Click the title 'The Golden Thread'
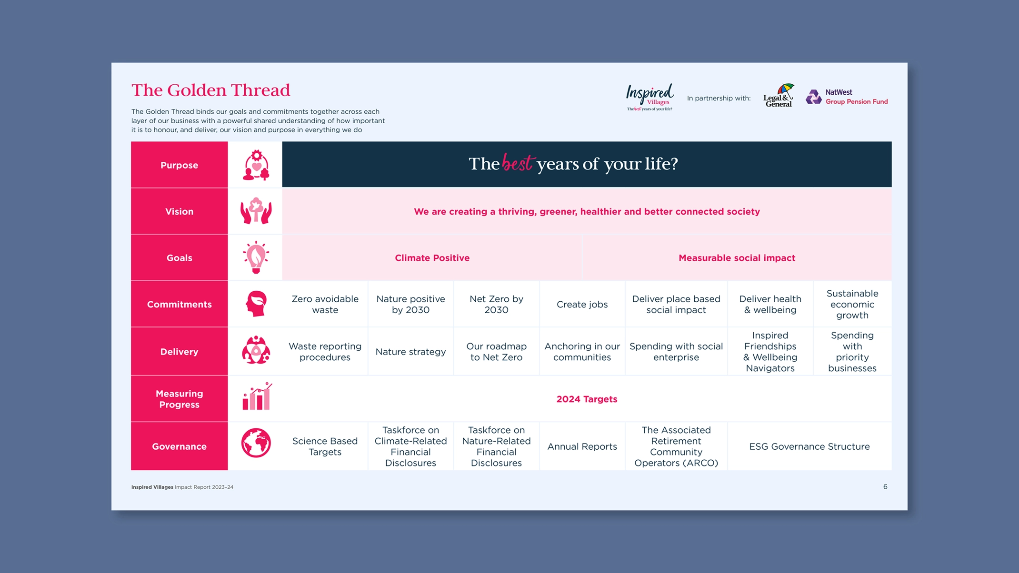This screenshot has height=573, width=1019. [210, 90]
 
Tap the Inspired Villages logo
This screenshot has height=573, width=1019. [649, 97]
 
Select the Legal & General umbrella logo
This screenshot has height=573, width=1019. [779, 96]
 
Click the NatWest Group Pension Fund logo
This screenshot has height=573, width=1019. [847, 97]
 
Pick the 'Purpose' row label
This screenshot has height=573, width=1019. [179, 165]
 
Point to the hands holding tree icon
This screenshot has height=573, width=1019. [256, 211]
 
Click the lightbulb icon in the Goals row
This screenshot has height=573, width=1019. [256, 257]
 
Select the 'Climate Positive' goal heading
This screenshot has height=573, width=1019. [432, 258]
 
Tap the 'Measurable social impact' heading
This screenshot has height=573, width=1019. [737, 258]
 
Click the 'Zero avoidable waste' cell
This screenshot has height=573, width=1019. [325, 304]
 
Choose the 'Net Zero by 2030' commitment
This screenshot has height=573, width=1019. [496, 304]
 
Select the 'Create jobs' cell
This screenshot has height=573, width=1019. [582, 305]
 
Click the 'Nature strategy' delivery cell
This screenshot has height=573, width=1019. [410, 352]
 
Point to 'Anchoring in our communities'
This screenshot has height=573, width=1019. [582, 352]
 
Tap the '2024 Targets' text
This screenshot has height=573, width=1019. [587, 399]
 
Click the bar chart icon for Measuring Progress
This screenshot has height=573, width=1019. [257, 396]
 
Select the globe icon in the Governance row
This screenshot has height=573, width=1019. [256, 443]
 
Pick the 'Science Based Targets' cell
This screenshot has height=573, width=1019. [325, 446]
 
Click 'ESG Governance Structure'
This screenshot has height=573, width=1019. [809, 446]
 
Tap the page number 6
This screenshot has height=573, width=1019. [885, 486]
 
